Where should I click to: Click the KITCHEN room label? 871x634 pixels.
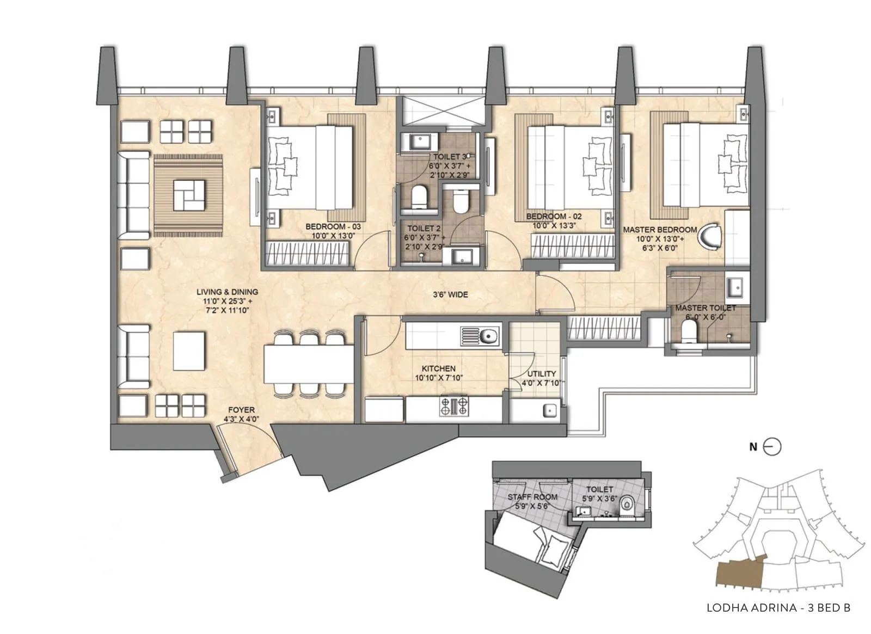click(438, 368)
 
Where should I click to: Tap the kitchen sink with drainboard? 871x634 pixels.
click(480, 336)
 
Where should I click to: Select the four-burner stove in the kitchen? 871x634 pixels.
click(454, 406)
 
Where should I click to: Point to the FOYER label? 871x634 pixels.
click(242, 410)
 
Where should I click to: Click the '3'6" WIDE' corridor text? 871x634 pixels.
click(450, 294)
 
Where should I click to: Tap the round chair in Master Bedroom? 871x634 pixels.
click(710, 235)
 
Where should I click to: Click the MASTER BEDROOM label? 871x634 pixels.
click(660, 230)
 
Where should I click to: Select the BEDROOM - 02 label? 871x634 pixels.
click(554, 216)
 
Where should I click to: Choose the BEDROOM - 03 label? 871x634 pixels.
click(333, 226)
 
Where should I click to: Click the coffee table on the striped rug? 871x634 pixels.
click(189, 195)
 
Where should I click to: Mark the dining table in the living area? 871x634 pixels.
click(309, 364)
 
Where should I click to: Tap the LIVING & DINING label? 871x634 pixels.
click(227, 292)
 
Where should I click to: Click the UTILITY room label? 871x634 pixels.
click(542, 373)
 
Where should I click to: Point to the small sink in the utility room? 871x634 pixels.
click(549, 410)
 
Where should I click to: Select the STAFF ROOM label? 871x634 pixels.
click(532, 497)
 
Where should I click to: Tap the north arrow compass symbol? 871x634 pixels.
click(772, 447)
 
